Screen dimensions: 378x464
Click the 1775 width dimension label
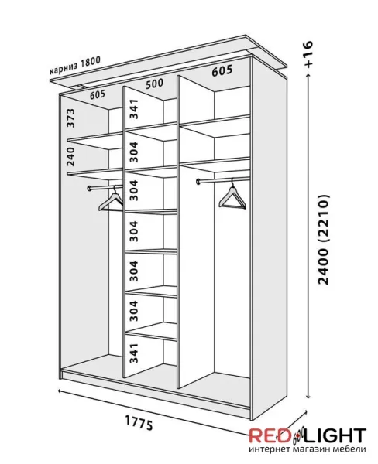139,423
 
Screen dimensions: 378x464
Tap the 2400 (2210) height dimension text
323,240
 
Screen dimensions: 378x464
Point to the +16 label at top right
308,54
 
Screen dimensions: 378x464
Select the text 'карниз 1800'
75,66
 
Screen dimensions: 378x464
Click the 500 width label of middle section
154,84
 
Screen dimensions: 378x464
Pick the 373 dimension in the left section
70,118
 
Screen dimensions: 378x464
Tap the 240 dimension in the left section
70,156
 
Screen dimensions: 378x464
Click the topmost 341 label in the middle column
134,109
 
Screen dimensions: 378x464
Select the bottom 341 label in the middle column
134,353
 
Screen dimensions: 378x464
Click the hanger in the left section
112,200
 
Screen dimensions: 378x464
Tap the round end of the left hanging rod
90,188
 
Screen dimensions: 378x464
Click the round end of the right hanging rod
198,181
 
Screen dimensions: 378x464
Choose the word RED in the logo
266,435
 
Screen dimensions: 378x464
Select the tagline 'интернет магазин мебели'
308,449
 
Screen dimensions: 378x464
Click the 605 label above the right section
222,70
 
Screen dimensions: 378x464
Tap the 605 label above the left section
98,94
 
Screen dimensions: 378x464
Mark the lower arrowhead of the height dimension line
308,396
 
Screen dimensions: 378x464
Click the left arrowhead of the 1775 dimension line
60,391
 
